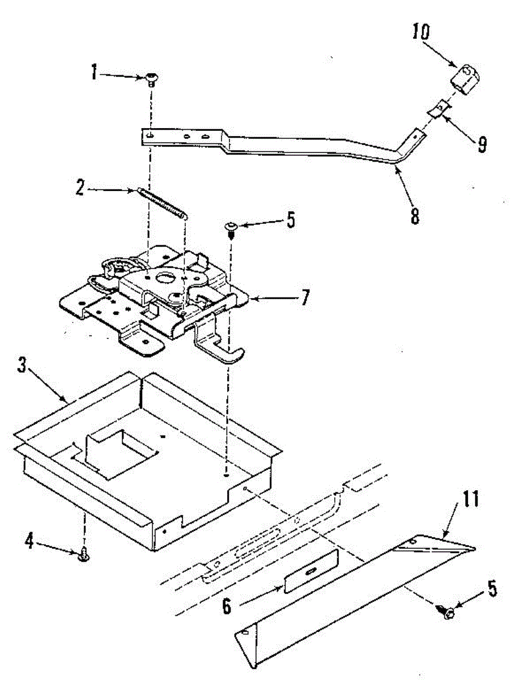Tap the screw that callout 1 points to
click(x=152, y=79)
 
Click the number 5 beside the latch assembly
click(x=291, y=220)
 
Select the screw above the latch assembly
click(x=232, y=228)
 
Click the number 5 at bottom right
click(x=492, y=589)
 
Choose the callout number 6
click(x=227, y=606)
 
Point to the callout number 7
click(x=305, y=297)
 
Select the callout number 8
click(x=415, y=216)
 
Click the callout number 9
click(x=481, y=144)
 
